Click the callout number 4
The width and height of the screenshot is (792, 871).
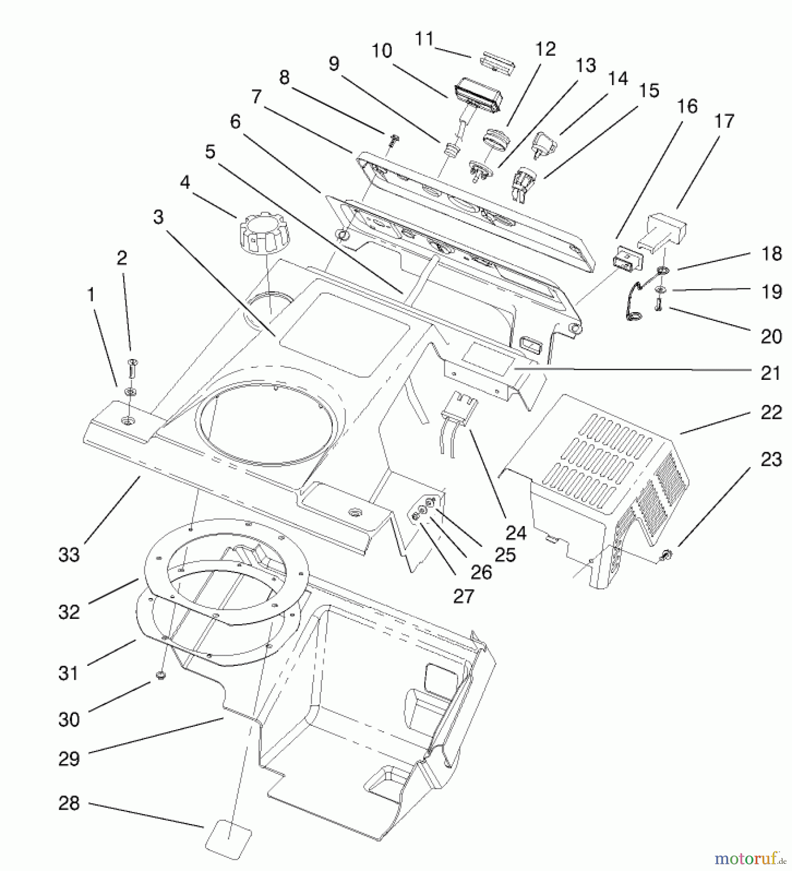185,183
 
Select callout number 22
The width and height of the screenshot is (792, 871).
771,412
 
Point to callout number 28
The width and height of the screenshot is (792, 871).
69,803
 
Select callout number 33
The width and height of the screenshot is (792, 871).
69,555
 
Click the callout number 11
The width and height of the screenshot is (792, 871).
424,39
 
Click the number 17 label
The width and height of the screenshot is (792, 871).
724,121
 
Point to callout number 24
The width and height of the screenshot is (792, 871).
515,533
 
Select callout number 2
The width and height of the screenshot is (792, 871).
121,258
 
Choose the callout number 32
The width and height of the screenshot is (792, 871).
69,612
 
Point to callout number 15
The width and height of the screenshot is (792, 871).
649,90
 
